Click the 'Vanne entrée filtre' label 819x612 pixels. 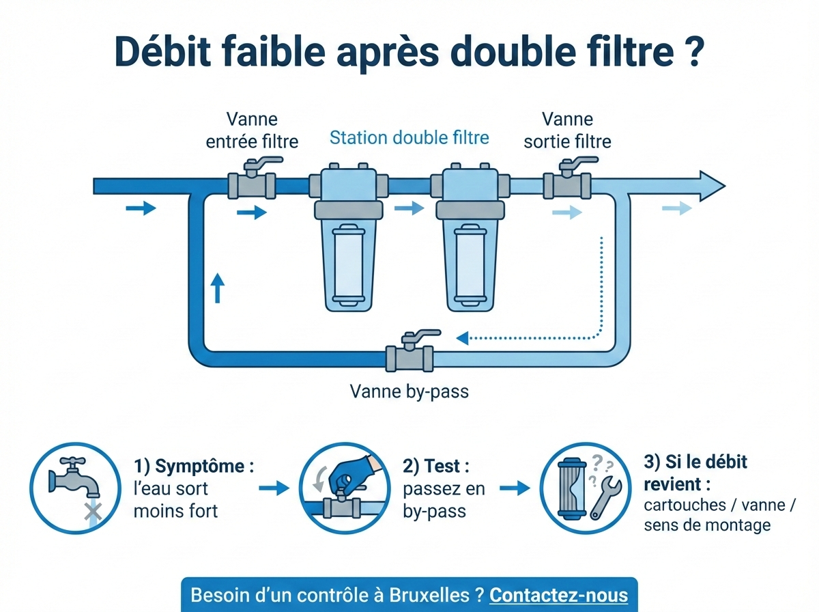click(x=252, y=130)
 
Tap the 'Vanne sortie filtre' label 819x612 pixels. click(x=566, y=130)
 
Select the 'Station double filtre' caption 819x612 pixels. click(x=409, y=138)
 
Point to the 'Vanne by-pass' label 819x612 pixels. click(x=409, y=391)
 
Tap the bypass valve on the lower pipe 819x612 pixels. click(x=409, y=357)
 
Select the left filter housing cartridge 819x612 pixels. click(x=350, y=263)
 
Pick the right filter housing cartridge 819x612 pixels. click(x=471, y=263)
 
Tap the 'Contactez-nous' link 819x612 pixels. click(x=558, y=594)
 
